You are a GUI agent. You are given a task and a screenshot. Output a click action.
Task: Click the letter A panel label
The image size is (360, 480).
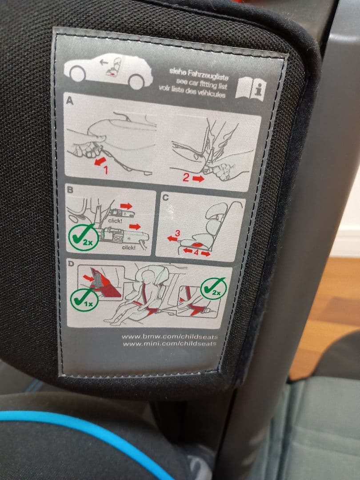69,102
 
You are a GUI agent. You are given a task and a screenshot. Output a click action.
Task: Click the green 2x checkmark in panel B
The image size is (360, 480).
83,237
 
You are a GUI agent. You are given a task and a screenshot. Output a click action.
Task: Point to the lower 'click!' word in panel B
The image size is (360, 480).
128,247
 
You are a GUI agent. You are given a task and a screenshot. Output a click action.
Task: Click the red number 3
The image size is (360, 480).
177,233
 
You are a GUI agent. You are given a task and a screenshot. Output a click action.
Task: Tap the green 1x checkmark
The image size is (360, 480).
83,299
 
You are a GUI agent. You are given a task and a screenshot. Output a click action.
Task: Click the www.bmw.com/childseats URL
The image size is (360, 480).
169,336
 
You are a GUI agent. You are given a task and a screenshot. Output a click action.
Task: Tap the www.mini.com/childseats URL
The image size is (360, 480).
169,344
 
